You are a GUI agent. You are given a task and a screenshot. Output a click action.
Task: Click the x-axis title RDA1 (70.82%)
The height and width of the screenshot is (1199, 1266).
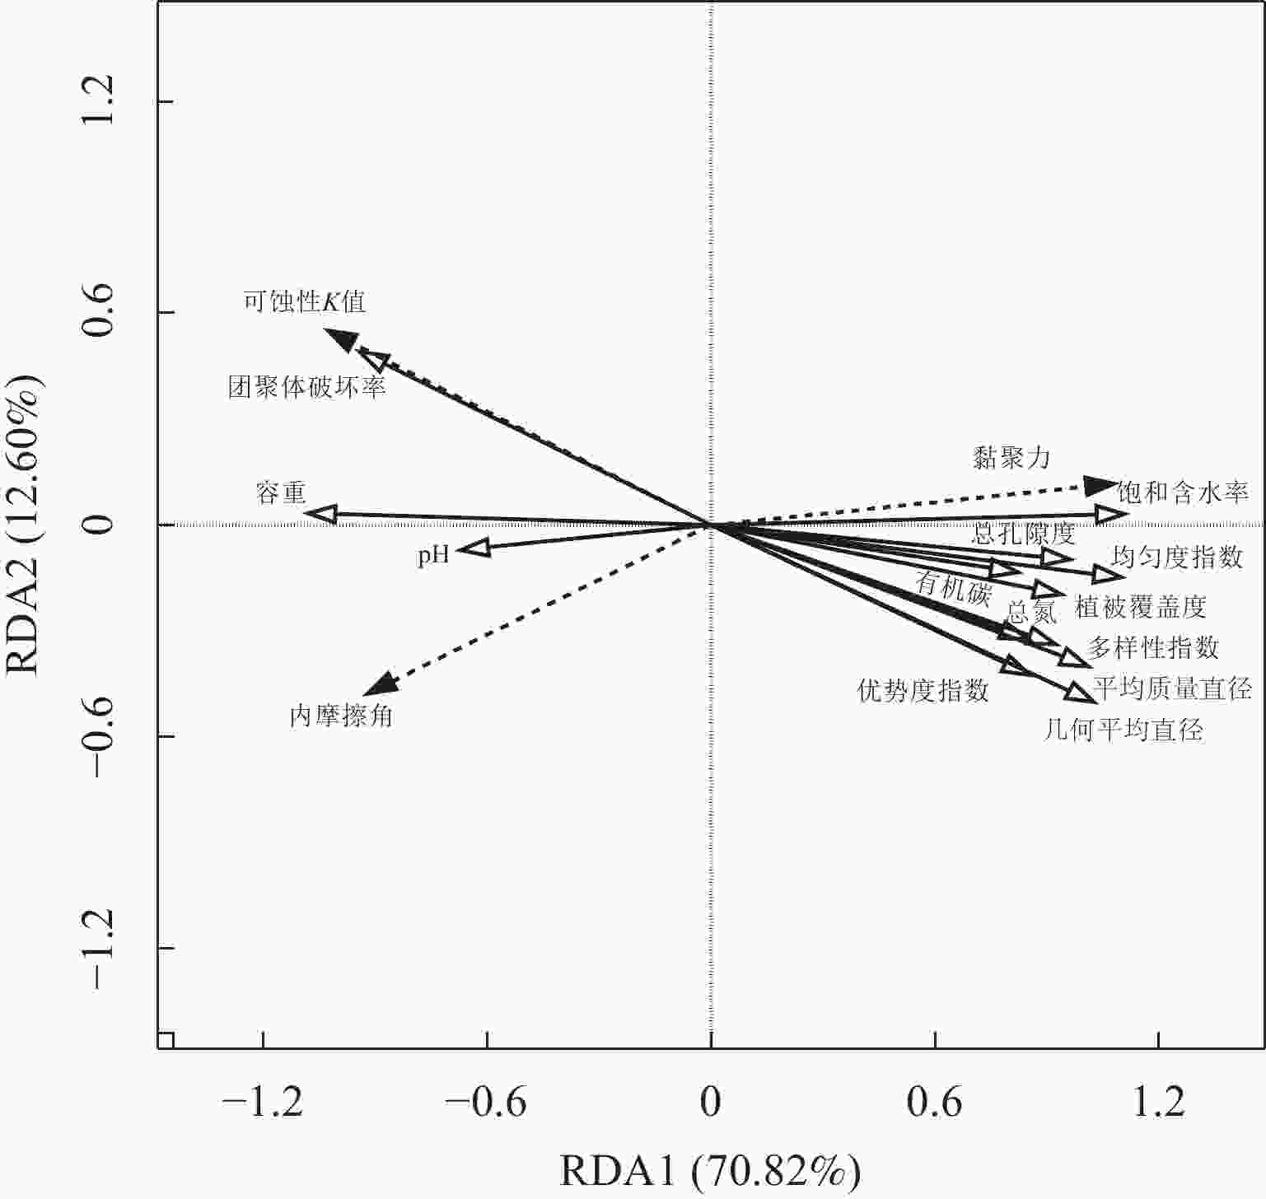click(710, 1171)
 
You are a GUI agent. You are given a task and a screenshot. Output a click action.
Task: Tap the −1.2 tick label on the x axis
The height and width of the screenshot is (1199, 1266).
click(263, 1102)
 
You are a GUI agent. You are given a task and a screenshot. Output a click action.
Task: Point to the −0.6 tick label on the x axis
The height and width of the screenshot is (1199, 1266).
click(487, 1102)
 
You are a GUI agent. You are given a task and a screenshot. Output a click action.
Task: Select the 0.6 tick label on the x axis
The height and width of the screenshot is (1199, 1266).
click(935, 1102)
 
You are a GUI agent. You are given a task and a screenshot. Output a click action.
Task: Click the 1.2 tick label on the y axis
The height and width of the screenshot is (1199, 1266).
click(98, 102)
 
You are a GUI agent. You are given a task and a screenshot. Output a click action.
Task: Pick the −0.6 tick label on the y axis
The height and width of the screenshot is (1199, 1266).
click(98, 735)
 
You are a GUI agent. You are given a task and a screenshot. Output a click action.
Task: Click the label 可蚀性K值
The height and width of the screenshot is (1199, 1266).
click(305, 301)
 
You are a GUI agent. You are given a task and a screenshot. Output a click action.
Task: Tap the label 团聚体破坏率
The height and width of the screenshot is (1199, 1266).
click(307, 387)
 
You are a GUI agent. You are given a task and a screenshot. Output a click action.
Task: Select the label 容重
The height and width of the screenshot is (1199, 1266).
click(281, 493)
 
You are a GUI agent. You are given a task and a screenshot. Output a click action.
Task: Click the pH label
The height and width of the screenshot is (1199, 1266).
click(433, 555)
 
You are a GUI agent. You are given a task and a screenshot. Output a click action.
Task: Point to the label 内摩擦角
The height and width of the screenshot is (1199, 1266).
click(341, 716)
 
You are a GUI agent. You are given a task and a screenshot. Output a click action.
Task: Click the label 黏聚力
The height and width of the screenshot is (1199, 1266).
click(1011, 458)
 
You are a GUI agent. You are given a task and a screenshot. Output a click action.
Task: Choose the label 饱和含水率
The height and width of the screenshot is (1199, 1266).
click(1183, 492)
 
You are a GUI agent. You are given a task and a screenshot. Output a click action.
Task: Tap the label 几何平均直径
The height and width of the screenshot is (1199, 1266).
click(1124, 730)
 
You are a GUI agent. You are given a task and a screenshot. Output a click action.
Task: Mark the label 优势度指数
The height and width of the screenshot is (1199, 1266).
click(923, 690)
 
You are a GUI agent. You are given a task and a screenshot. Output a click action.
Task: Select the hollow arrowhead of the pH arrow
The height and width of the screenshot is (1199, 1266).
click(474, 548)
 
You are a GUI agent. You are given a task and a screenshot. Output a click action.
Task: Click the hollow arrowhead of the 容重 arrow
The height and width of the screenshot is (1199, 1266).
click(321, 514)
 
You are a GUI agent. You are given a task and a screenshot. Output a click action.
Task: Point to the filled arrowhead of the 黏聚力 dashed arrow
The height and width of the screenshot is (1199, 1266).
click(1100, 486)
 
